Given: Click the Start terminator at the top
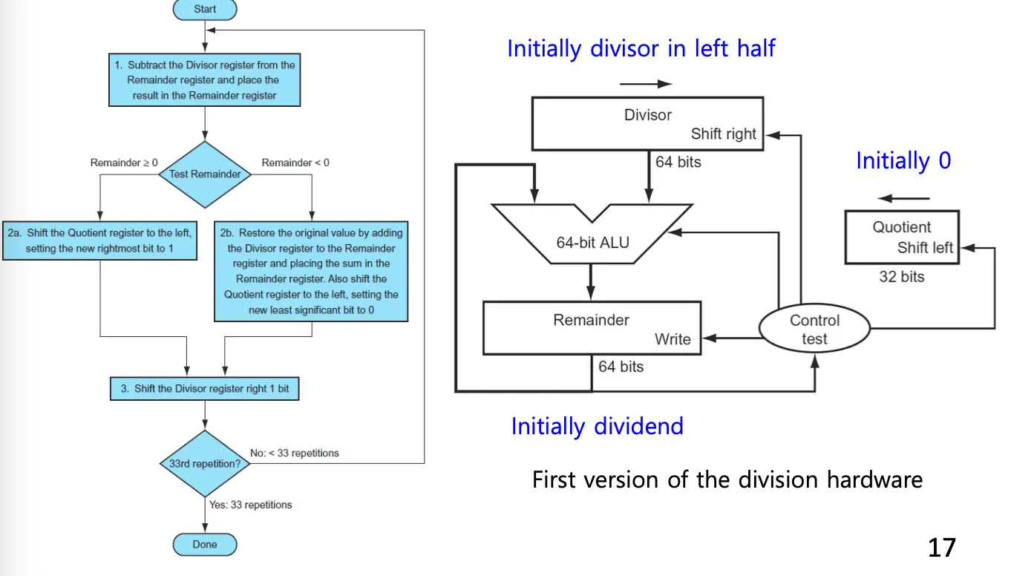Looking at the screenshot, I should click(205, 10).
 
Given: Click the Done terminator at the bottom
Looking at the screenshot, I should click(205, 544).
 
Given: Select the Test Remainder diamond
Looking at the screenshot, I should click(205, 174).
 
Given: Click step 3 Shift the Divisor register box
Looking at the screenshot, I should click(205, 389).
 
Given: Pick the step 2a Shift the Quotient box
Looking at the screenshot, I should click(99, 240).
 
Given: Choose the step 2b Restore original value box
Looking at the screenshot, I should click(311, 271).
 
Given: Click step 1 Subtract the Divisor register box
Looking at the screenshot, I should click(205, 80).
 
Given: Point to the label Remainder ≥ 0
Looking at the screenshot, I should click(124, 163).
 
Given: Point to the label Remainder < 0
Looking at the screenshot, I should click(295, 163).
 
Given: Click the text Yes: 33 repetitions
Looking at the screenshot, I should click(251, 505).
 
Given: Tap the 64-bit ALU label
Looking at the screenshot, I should click(592, 242).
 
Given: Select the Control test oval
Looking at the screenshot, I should click(814, 330).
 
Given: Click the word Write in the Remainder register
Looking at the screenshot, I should click(673, 339).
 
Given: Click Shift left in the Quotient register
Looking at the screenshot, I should click(925, 248).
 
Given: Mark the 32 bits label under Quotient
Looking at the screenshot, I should click(902, 277).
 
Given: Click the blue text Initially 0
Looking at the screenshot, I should click(903, 160).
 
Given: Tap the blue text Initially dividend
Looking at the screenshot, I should click(597, 426).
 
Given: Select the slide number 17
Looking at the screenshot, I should click(942, 548).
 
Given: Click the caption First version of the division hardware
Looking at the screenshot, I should click(727, 480).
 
